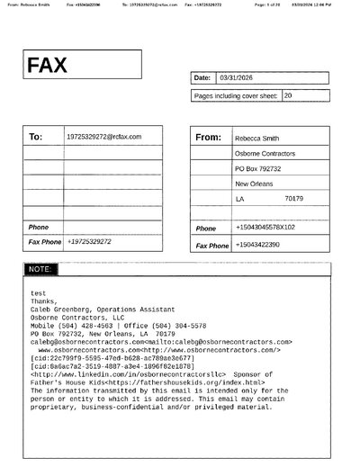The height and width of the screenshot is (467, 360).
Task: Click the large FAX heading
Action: tap(47, 66)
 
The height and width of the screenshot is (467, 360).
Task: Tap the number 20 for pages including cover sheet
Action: tap(288, 94)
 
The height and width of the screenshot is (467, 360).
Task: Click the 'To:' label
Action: tap(36, 138)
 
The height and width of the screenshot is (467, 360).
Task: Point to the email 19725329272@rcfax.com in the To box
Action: tap(104, 136)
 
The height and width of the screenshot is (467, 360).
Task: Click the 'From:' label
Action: tap(208, 138)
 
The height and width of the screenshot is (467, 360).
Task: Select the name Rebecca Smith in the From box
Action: tap(256, 139)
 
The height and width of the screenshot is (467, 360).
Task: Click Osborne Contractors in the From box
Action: tap(264, 154)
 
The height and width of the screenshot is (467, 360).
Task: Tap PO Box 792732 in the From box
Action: tap(258, 168)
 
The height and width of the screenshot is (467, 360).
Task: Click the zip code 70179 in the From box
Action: tap(293, 198)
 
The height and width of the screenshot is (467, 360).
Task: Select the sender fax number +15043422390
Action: tap(257, 244)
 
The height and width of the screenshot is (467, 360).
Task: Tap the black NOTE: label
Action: tap(40, 269)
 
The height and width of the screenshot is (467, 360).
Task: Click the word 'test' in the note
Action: tap(38, 293)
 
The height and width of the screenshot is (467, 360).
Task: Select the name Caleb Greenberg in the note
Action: tap(62, 310)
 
